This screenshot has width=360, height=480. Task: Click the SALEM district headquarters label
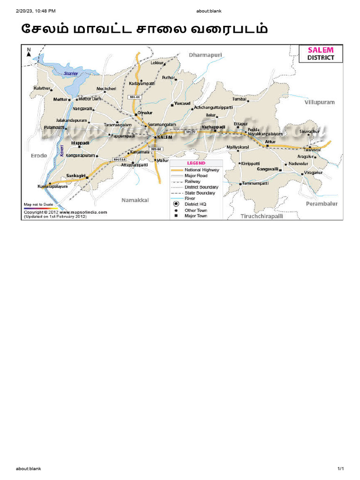point(165,137)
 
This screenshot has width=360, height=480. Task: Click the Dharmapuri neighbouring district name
point(205,55)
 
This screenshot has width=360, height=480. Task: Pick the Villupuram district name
point(320,101)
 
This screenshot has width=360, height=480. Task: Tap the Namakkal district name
point(135,200)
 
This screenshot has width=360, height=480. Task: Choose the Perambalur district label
point(322,204)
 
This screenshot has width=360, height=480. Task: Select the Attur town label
point(270,141)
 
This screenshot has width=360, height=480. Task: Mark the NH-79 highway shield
point(190,132)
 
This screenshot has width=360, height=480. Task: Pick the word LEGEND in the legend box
point(196,163)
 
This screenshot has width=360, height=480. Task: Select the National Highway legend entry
point(202,170)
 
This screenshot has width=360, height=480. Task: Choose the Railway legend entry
point(193,181)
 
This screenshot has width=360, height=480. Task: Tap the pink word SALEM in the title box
point(321,50)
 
